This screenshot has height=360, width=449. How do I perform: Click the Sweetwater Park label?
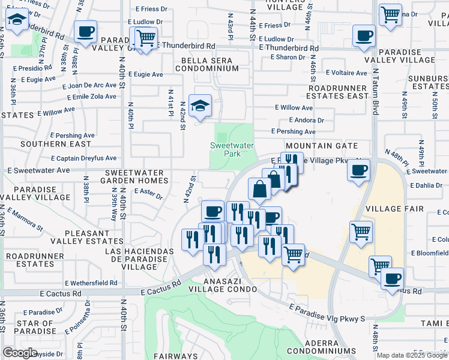[x=232, y=149]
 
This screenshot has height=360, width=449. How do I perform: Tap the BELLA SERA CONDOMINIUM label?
[x=206, y=64]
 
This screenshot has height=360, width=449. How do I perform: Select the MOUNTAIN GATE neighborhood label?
[x=322, y=146]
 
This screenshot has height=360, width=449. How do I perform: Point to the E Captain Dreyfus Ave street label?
[x=83, y=158]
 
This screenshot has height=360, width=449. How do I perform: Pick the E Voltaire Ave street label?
[x=346, y=73]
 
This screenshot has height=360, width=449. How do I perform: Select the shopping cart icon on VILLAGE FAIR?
[x=360, y=231]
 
